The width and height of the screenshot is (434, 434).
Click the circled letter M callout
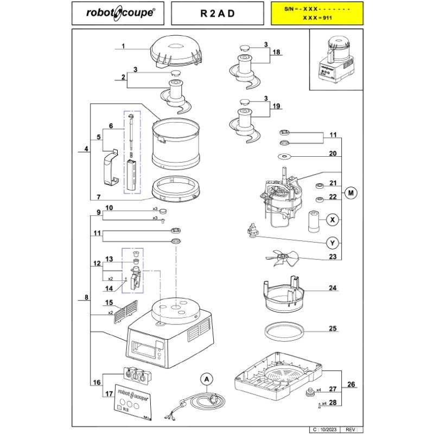click(x=351, y=193)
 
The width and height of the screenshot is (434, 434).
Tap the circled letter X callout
click(x=333, y=220)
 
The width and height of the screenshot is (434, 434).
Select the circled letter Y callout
click(x=333, y=242)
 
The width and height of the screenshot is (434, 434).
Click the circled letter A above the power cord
click(x=207, y=379)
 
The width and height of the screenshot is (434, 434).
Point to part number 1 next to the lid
click(x=123, y=47)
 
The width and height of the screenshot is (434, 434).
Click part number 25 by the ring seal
click(x=333, y=328)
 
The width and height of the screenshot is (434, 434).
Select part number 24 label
click(x=333, y=288)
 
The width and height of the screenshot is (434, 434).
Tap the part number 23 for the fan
click(x=333, y=258)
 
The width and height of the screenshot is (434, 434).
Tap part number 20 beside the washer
click(x=333, y=154)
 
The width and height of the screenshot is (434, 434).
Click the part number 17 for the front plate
click(x=108, y=394)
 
